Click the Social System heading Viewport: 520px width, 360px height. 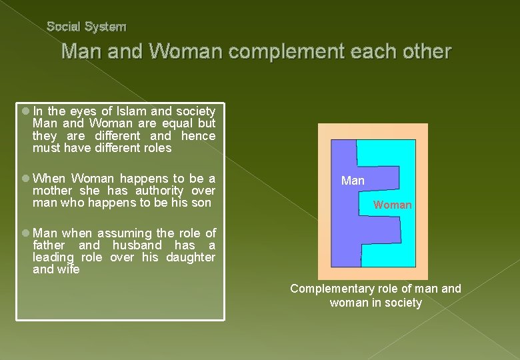click(x=86, y=27)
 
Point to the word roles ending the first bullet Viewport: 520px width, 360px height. click(x=155, y=148)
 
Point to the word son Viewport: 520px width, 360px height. click(x=201, y=203)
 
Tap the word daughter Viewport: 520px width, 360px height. click(x=191, y=257)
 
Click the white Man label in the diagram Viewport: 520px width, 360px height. click(x=353, y=181)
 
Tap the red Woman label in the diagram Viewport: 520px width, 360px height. click(x=392, y=205)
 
